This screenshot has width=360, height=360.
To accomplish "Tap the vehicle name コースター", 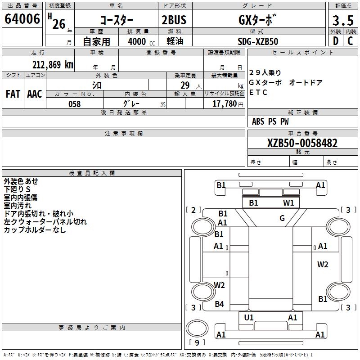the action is pos(116,21).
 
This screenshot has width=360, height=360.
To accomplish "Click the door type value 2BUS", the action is pos(174,20).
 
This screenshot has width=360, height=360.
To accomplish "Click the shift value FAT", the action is pos(13,94).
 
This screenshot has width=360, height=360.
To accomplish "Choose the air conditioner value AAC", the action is pos(34,94).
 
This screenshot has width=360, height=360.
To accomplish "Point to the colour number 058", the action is pos(74,104).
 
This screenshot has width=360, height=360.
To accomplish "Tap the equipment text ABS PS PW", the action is pos(270,121).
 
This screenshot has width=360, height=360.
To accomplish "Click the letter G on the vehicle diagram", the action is pos(282,219).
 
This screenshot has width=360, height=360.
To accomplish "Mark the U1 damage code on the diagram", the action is pos(249,318).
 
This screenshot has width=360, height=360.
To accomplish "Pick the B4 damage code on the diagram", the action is pos(219,304).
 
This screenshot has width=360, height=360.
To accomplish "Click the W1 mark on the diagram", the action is pos(288,203).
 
